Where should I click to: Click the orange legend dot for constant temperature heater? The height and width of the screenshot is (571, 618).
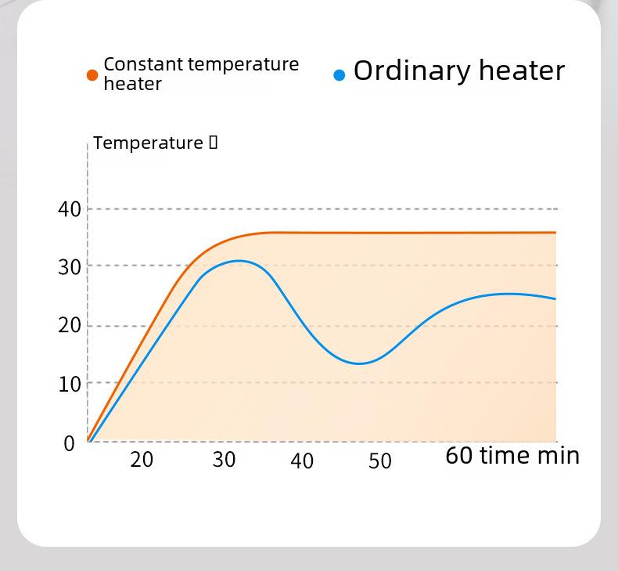(x=92, y=75)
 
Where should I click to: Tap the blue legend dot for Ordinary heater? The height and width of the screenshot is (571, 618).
(x=339, y=75)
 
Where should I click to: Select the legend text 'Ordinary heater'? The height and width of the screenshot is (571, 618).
(x=458, y=70)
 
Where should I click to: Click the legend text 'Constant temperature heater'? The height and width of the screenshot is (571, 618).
(x=201, y=74)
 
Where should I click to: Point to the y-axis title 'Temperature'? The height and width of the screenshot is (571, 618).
(x=148, y=143)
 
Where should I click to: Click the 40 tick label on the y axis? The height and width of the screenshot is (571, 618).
(x=69, y=209)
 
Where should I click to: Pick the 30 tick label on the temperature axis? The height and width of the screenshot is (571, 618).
(x=69, y=267)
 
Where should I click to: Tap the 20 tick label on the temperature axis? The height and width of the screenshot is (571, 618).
(x=69, y=325)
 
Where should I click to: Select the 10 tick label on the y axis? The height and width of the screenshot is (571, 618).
(x=69, y=384)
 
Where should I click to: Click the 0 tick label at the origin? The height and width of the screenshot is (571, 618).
(x=69, y=443)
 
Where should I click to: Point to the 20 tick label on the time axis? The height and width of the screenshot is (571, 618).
(x=142, y=460)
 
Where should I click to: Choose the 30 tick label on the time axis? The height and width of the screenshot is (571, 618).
(x=224, y=460)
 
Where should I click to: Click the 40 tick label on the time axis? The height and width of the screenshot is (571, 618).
(x=302, y=461)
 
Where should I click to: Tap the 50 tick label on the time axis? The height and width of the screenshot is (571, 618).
(x=380, y=461)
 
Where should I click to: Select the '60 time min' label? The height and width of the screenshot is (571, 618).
(x=512, y=455)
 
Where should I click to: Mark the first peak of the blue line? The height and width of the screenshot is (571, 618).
(x=239, y=261)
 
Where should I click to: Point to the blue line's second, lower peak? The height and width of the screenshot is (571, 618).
(x=509, y=294)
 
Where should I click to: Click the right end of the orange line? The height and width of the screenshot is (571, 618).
(x=555, y=233)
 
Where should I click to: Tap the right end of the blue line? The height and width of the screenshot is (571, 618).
(x=555, y=298)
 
